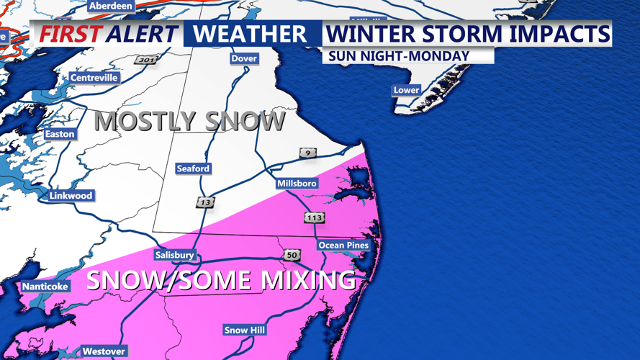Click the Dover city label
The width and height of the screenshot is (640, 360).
coord(244,58)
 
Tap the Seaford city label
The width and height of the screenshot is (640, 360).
coord(193,168)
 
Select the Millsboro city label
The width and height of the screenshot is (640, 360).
coord(297,184)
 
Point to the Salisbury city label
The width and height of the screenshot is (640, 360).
coord(174,255)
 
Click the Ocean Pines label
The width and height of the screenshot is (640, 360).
coord(343,245)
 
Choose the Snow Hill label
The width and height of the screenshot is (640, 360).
coord(245,330)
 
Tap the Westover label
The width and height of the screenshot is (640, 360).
coord(104,351)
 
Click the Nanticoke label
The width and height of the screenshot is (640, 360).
coord(45,287)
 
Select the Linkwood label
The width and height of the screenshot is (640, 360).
coord(71,196)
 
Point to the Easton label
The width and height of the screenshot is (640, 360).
coord(60,134)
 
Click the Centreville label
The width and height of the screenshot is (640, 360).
coord(94,78)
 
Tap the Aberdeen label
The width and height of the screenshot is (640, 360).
coord(110,6)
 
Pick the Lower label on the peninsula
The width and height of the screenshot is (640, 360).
coord(406,90)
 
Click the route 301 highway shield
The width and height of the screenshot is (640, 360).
coord(145,60)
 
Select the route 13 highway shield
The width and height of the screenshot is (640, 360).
coord(206,203)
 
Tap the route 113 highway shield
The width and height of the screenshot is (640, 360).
coord(314,217)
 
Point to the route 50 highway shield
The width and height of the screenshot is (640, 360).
coord(292,255)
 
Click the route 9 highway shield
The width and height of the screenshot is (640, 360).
coord(307,153)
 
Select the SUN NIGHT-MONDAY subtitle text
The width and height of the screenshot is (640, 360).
coord(398,55)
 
